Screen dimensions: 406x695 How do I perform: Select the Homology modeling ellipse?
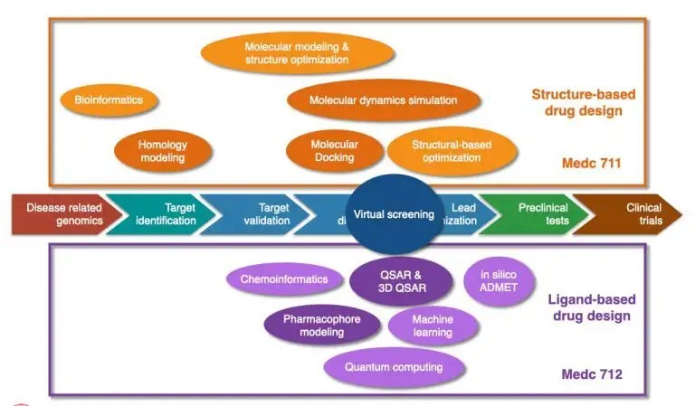coord(162,150)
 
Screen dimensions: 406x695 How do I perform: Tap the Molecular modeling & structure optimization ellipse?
coord(296,52)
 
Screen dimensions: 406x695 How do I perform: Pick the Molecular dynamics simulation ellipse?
coord(383,100)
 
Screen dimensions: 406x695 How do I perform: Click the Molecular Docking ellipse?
coord(334,150)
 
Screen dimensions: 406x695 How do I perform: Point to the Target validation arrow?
coord(262,213)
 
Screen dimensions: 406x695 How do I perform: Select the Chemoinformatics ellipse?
coord(283,279)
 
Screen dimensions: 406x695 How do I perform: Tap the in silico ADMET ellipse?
coord(499,281)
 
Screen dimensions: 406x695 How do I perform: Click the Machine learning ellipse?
coord(433,326)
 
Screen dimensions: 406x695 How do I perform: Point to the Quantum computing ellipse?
coord(394,367)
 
